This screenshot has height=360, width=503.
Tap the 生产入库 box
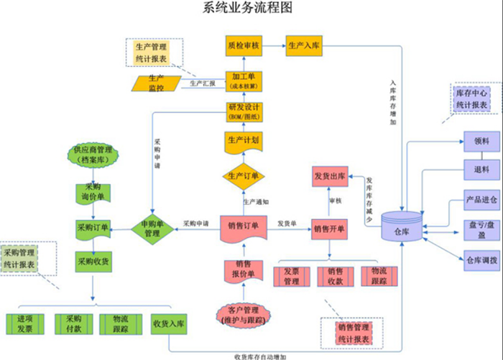[304, 45]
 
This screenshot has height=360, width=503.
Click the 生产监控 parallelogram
[156, 83]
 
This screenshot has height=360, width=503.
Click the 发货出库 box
[330, 177]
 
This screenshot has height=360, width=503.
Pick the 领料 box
[481, 142]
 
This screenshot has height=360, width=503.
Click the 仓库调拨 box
[481, 259]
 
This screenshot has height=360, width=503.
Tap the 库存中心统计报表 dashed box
[471, 99]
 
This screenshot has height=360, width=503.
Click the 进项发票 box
[24, 323]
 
